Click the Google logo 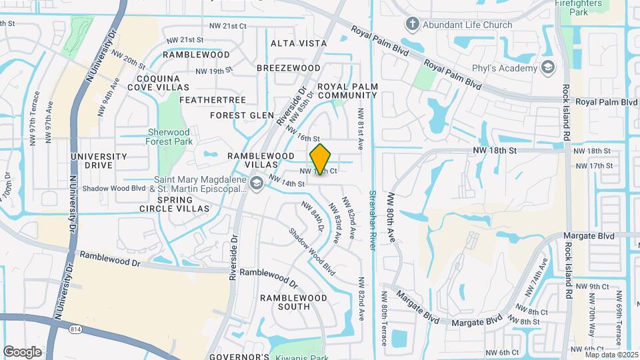pos(22,352)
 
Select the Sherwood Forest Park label pos(168,137)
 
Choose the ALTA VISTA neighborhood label pos(299,43)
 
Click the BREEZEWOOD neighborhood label pos(289,68)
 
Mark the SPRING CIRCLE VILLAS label pos(183,204)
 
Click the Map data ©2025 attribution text pos(611,354)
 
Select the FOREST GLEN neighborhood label pos(242,115)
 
